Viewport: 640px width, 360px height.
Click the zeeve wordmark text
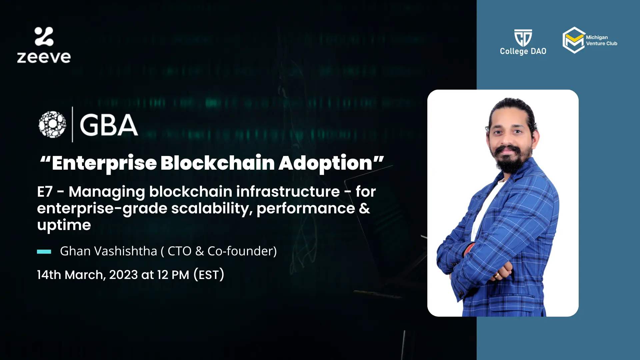coord(44,57)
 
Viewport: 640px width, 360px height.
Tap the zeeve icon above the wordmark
coord(44,36)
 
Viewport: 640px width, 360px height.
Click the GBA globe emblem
coord(52,124)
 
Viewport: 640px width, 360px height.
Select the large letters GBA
coord(109,125)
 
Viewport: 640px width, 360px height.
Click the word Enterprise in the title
coord(104,163)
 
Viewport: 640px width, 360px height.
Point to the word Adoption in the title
coord(325,163)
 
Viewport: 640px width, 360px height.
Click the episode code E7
coord(45,192)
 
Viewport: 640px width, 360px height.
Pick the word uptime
coord(64,225)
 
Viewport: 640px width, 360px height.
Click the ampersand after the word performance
coord(365,208)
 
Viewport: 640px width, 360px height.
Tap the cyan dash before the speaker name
coord(44,252)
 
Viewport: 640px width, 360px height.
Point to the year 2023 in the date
coord(123,275)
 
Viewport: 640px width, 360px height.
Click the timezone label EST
coord(209,275)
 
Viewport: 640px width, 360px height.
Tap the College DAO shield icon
coord(523,38)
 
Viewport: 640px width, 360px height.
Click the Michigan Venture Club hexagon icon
coord(574,40)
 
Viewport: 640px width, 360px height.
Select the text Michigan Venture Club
coord(602,40)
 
